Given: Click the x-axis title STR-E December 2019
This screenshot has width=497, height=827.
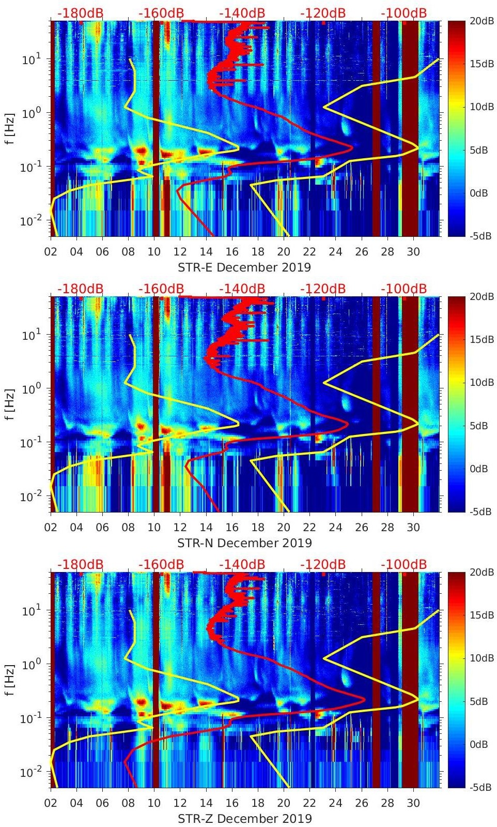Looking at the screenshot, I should pyautogui.click(x=244, y=267).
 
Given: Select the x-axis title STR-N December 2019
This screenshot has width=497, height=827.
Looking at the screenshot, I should pyautogui.click(x=244, y=543).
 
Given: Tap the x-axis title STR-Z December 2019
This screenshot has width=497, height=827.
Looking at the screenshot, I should pyautogui.click(x=244, y=819).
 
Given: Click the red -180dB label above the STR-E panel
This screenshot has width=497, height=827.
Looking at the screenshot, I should pyautogui.click(x=80, y=13).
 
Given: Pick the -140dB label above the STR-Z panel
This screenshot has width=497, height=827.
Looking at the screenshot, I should pyautogui.click(x=242, y=564).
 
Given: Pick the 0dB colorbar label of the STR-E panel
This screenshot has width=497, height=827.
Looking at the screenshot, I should pyautogui.click(x=480, y=193).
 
